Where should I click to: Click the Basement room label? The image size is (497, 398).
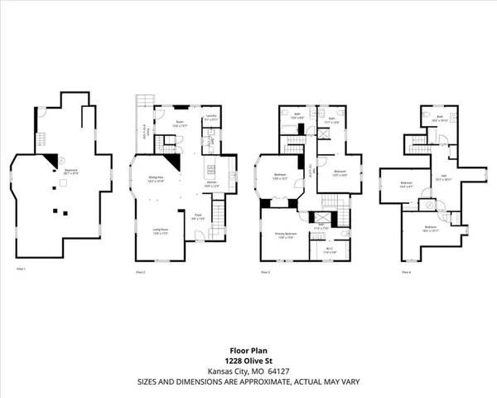pyautogui.click(x=60, y=172)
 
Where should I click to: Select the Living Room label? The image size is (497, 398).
pyautogui.click(x=160, y=231)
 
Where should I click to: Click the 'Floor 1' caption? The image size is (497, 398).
pyautogui.click(x=22, y=270)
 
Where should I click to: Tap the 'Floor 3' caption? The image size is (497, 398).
pyautogui.click(x=265, y=271)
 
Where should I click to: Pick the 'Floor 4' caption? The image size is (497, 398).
pyautogui.click(x=406, y=271)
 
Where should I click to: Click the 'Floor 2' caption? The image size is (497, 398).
pyautogui.click(x=140, y=271)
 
